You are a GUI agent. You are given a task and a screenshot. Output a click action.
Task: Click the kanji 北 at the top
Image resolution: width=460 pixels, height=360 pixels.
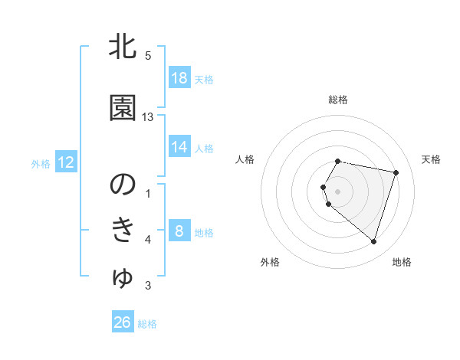click(x=123, y=47)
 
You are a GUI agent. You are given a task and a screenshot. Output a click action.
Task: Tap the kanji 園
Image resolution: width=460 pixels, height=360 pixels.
click(x=123, y=110)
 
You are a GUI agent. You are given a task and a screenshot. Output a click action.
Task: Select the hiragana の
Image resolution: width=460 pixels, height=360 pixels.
click(x=123, y=185)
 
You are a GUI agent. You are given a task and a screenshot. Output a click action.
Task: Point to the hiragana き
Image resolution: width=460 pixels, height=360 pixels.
click(x=123, y=231)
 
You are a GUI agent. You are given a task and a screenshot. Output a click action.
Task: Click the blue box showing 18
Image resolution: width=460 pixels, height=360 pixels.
click(x=179, y=78)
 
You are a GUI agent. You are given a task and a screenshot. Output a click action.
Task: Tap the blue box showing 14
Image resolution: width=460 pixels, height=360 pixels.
click(x=179, y=148)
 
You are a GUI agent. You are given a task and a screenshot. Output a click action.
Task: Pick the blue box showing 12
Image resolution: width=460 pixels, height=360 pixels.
click(x=66, y=162)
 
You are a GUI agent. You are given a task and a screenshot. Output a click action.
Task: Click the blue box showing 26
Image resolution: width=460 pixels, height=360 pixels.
click(x=123, y=322)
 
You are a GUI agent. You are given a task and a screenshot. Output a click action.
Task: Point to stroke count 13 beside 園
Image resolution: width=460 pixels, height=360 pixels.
click(x=148, y=117)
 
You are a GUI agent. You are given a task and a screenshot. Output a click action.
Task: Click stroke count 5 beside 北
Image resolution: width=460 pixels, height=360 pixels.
click(x=148, y=55)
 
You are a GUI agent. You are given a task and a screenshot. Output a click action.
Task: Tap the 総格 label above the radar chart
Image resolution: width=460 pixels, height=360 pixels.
click(x=338, y=100)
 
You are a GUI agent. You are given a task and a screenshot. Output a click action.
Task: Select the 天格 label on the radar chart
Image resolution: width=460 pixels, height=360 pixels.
click(x=432, y=159)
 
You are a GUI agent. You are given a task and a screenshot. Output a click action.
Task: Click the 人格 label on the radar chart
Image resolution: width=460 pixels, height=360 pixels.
click(x=245, y=159)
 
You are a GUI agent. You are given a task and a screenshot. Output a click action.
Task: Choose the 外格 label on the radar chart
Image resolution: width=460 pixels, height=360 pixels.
click(x=270, y=262)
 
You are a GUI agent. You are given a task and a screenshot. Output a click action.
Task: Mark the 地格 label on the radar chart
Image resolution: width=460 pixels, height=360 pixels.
click(x=402, y=262)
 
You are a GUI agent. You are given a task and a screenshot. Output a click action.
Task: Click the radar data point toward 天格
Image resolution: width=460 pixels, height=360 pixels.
click(x=396, y=172)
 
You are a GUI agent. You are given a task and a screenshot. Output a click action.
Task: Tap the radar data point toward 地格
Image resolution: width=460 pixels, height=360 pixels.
click(x=373, y=242)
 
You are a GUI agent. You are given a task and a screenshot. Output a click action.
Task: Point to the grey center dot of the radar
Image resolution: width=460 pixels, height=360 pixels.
click(x=338, y=191)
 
